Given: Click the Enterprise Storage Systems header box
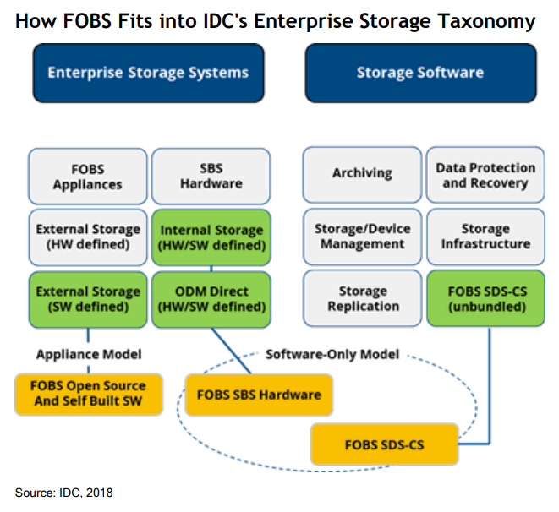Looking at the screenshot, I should coord(148,73).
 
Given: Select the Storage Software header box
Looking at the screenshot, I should coord(419,73).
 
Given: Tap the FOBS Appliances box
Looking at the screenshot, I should coord(87,176).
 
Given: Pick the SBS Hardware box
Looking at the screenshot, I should coord(211,176).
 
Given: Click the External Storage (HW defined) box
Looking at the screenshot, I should coord(87,237).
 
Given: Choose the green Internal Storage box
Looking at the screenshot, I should coord(211,237).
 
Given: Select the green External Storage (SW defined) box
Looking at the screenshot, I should coord(87,298).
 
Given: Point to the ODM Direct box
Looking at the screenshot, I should coord(211,298).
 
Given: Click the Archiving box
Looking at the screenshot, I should coord(363,174).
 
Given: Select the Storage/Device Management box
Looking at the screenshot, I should coord(363,237).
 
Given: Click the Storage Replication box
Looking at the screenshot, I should coord(363,298).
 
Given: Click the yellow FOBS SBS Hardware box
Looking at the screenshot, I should coord(259,395).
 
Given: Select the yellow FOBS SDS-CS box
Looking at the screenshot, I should coord(384,444).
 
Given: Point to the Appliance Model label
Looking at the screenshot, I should coord(87,354).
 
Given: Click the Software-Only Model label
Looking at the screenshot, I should coord(332,354).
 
